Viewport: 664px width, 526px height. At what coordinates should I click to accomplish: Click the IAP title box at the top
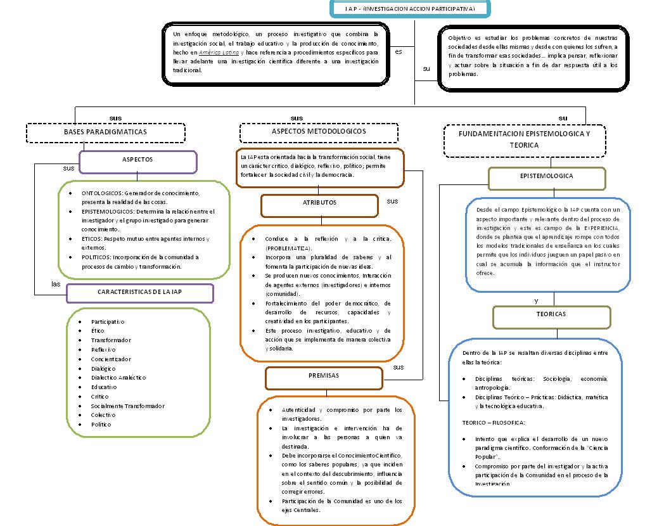click(x=411, y=9)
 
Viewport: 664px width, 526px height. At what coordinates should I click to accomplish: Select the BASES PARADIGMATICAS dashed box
click(x=105, y=132)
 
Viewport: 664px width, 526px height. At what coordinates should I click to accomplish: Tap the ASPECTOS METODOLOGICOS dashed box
click(x=319, y=131)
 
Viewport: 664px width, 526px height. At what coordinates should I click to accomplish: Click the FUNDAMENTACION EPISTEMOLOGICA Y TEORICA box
click(x=524, y=140)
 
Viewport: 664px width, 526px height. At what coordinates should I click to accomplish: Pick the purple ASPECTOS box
click(x=137, y=160)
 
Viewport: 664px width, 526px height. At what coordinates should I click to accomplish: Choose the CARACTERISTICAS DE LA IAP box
click(x=139, y=292)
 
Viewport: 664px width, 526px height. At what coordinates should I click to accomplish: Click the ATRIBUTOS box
click(x=319, y=203)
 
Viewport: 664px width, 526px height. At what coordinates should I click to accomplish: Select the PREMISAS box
click(x=324, y=376)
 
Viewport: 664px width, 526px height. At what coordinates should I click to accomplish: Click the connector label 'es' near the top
click(x=399, y=52)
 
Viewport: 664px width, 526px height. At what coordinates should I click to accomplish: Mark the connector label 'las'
click(x=56, y=284)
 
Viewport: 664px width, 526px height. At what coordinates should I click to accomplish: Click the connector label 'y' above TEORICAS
click(x=537, y=300)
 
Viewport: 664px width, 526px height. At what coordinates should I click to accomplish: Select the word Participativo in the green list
click(x=108, y=322)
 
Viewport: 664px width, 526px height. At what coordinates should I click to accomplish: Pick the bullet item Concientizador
click(x=111, y=359)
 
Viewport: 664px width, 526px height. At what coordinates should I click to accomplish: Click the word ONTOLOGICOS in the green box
click(x=101, y=193)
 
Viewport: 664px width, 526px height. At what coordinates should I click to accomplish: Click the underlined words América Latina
click(x=219, y=53)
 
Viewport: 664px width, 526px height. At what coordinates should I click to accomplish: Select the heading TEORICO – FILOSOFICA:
click(x=494, y=422)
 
